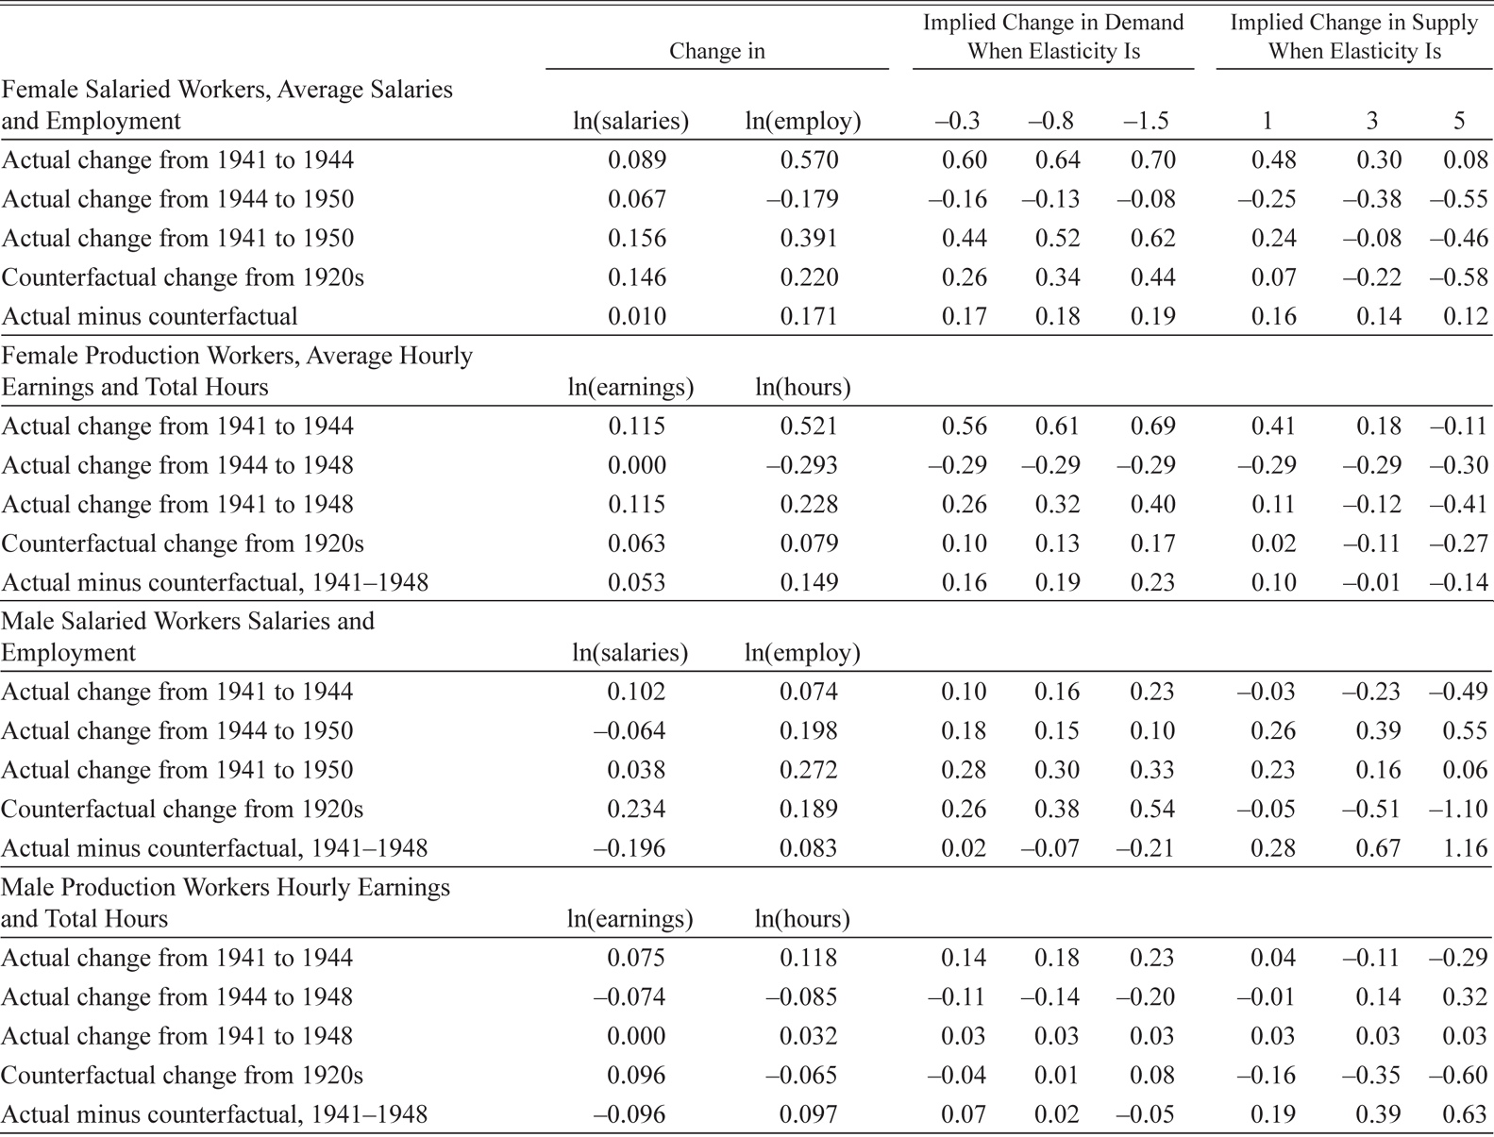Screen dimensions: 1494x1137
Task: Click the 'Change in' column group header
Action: [x=716, y=51]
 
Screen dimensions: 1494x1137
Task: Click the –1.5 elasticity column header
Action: [x=1146, y=121]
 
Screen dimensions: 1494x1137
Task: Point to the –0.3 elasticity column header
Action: [x=956, y=121]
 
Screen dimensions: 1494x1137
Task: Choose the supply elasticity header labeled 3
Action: [x=1371, y=121]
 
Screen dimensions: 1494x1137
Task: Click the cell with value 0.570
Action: [x=809, y=159]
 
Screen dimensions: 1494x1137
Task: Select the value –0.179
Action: [x=802, y=199]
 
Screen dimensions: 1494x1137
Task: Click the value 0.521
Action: [x=809, y=426]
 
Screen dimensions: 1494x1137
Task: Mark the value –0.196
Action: [x=629, y=848]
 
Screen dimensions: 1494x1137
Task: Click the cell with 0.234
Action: [x=636, y=809]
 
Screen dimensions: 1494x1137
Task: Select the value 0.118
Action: [x=808, y=958]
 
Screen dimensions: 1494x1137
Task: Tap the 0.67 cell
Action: [x=1378, y=848]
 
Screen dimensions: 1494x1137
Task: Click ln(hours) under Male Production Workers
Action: [x=802, y=919]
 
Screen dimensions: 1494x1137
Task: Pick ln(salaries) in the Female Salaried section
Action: [x=631, y=121]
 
